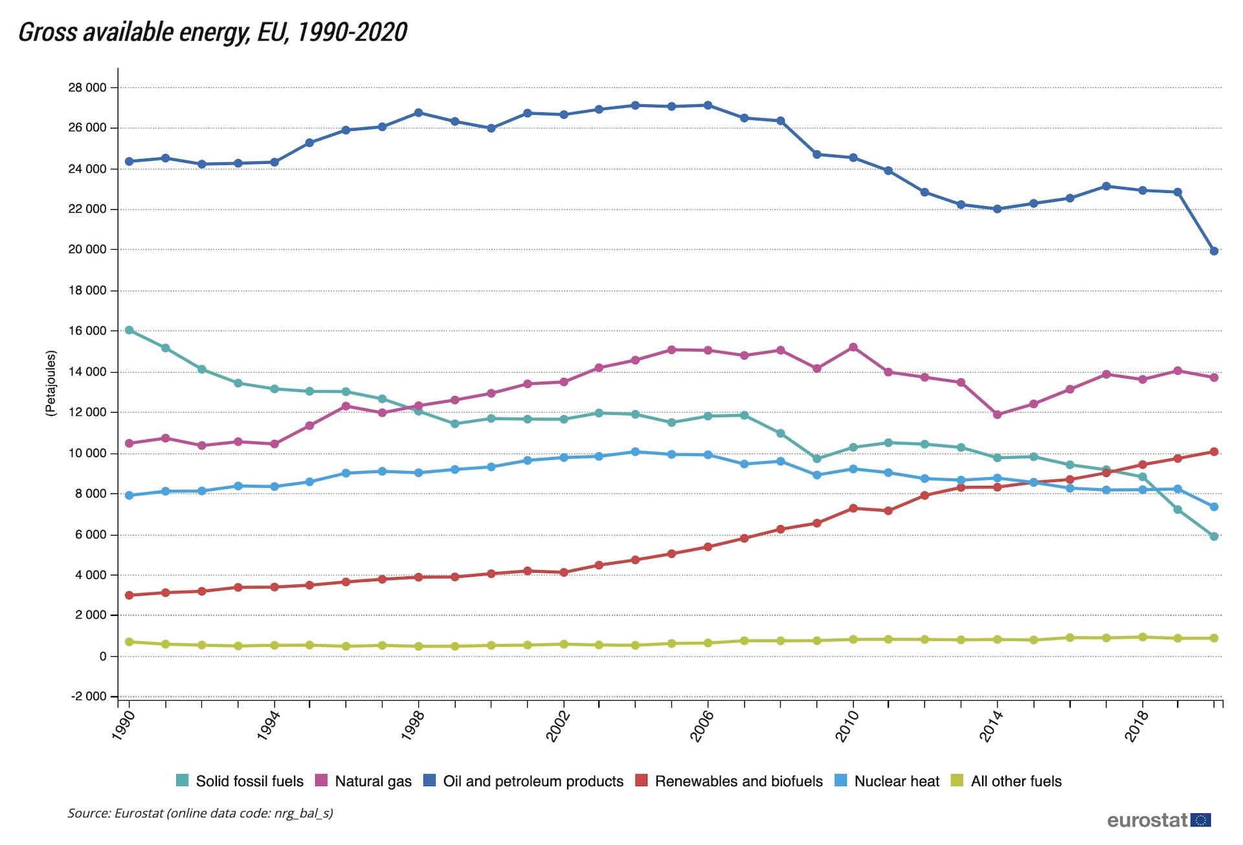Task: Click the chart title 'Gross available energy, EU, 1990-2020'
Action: pos(212,32)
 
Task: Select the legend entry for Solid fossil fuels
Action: pos(240,781)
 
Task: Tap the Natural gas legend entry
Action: pos(364,781)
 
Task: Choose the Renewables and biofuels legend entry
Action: pos(729,781)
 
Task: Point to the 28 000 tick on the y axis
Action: pos(87,87)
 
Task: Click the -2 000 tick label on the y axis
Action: pos(89,696)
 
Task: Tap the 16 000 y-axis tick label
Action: pos(87,331)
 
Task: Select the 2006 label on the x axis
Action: pos(702,726)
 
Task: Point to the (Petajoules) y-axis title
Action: pos(51,383)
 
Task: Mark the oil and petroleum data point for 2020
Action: pos(1214,251)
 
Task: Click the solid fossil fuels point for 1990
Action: pos(129,330)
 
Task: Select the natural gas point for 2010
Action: pos(853,347)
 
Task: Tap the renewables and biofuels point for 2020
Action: pos(1214,452)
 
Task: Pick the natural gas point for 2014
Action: pos(998,415)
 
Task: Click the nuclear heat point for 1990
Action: pos(129,496)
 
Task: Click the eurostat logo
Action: pos(1158,820)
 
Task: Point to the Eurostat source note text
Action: pos(200,813)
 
